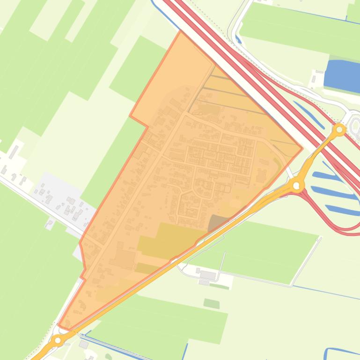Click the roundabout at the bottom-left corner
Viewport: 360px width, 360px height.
coord(58,340)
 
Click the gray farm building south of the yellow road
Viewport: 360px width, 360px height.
coord(207,275)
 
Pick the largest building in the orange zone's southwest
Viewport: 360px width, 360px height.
coord(124,258)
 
